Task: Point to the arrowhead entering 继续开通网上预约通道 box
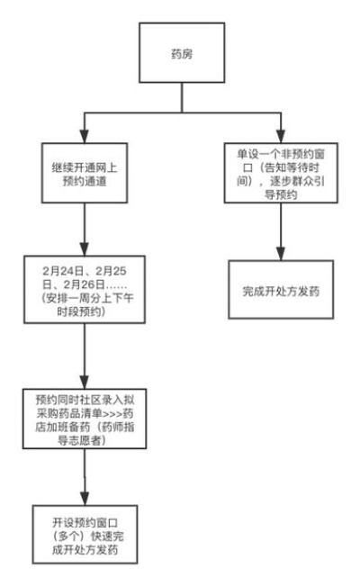[x=85, y=137]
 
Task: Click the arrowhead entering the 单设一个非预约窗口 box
[x=281, y=137]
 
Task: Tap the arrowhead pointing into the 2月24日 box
[x=85, y=249]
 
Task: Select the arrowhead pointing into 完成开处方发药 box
[x=281, y=254]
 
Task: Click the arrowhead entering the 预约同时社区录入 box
[x=85, y=383]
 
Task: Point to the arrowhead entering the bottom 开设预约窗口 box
[x=85, y=499]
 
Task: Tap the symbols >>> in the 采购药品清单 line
[x=112, y=413]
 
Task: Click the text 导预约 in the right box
[x=281, y=194]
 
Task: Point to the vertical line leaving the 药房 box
[x=182, y=97]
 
